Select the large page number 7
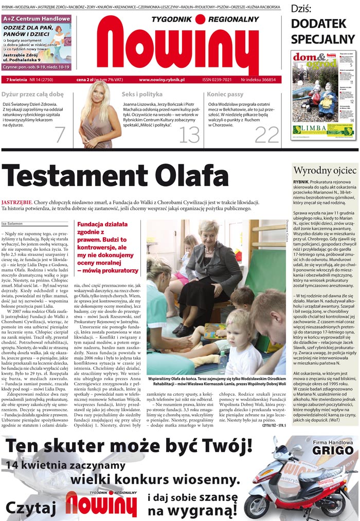click(60, 135)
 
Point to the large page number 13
click(189, 135)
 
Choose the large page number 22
click(266, 135)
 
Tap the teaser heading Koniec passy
click(225, 95)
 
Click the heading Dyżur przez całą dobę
click(32, 95)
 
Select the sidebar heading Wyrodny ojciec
click(325, 170)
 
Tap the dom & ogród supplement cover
click(322, 95)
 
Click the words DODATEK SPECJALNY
click(322, 31)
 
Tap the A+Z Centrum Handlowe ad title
click(37, 18)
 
